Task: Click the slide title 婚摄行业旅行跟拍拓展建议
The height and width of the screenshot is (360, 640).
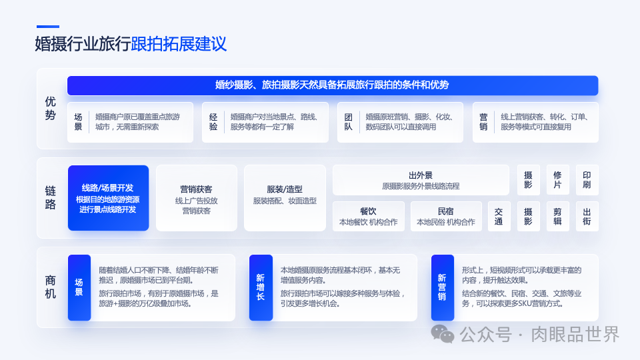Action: (131, 44)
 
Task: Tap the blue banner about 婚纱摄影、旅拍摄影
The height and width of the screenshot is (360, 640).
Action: (332, 85)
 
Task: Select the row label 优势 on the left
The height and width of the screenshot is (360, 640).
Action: (51, 108)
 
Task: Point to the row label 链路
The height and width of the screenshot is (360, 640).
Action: (51, 198)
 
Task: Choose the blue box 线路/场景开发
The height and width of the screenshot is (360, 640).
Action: (108, 198)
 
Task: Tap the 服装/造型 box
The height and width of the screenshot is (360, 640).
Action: (285, 198)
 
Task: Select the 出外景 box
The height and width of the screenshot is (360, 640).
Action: (421, 180)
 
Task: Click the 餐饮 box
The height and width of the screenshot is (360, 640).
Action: (368, 216)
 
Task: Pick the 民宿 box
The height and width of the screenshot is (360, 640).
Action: (446, 216)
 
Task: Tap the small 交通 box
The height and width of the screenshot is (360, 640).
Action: (499, 216)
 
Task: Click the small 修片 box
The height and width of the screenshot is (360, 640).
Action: (557, 180)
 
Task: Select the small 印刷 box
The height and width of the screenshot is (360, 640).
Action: (587, 180)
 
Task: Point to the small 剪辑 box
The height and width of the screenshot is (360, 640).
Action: (557, 216)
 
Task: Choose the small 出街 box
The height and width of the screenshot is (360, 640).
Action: (587, 216)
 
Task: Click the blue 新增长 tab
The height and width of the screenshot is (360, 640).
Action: (260, 287)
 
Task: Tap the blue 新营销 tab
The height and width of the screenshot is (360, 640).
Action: (442, 287)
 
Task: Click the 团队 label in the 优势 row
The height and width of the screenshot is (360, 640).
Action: (349, 122)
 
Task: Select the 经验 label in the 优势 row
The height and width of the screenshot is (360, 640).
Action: (213, 122)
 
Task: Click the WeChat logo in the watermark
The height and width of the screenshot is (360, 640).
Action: (443, 333)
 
